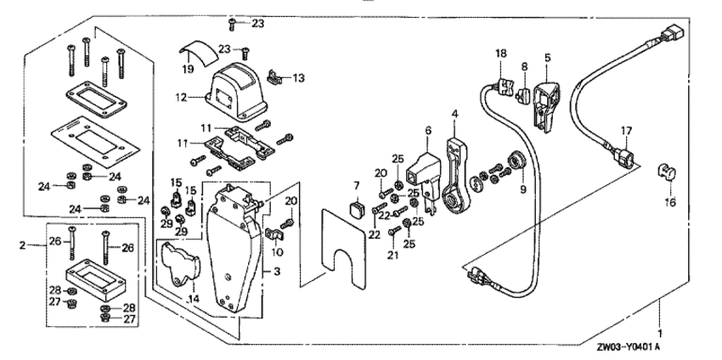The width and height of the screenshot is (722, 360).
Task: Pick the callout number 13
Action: click(x=298, y=78)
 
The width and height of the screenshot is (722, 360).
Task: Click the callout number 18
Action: click(x=500, y=54)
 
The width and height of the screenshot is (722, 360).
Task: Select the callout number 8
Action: click(x=524, y=65)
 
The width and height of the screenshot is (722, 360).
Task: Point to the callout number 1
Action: click(x=660, y=325)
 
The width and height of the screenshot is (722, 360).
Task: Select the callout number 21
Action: click(x=392, y=255)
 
